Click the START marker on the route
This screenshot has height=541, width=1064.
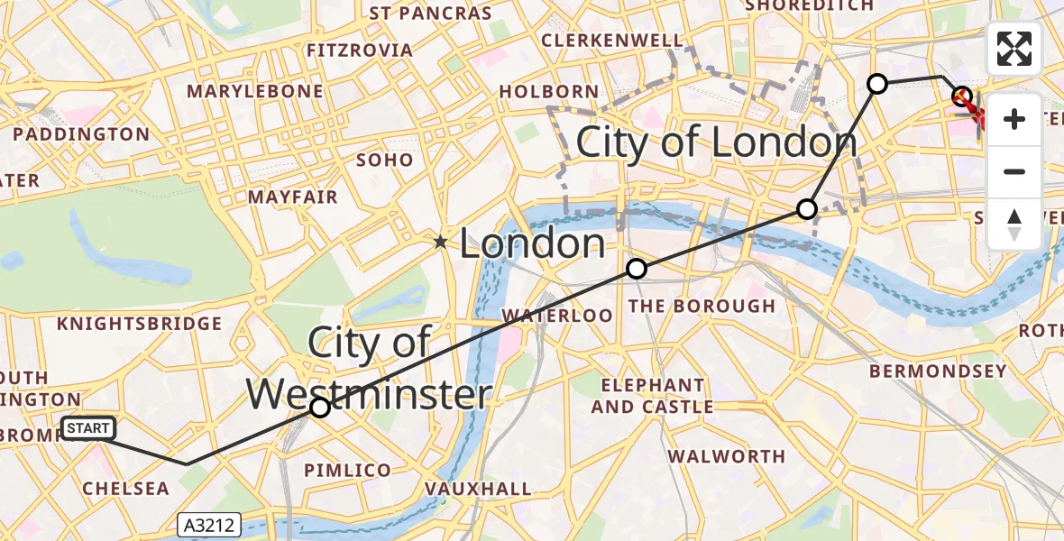coord(88,428)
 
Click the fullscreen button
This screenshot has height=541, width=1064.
coord(1014,49)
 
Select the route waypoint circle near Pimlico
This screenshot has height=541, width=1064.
coord(320,408)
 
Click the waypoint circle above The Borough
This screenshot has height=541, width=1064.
coord(637,269)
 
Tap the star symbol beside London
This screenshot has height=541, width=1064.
coord(440,242)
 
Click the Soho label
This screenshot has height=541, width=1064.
coord(386,160)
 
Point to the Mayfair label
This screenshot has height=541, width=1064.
coord(293,197)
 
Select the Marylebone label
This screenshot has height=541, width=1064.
coord(254,91)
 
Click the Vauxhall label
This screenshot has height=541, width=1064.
coord(478,489)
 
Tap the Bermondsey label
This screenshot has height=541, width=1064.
coord(938,371)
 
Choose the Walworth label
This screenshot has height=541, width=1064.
coord(727,456)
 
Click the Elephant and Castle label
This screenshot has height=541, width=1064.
coord(652,397)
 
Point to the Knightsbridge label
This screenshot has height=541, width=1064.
coord(139,324)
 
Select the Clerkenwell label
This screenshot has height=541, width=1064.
coord(612,41)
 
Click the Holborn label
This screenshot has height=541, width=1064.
coord(548,91)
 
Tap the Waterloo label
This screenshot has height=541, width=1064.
coord(557,316)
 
